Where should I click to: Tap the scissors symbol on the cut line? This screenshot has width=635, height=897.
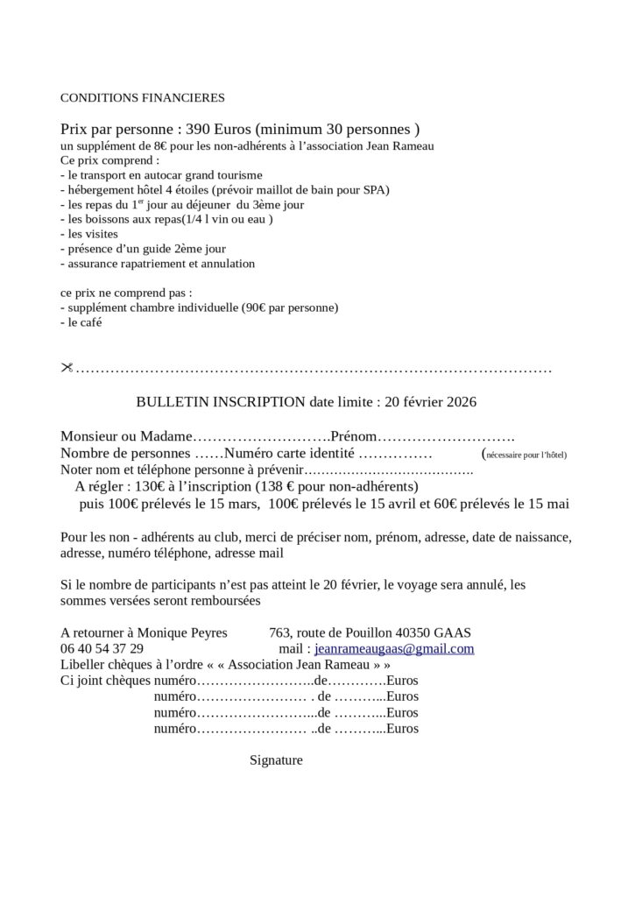[67, 368]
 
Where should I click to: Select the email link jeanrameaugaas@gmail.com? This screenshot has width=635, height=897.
[394, 649]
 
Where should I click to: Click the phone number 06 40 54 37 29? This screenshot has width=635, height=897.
[102, 649]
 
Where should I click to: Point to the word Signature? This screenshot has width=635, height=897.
[276, 760]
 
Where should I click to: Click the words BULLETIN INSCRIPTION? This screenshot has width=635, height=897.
[221, 402]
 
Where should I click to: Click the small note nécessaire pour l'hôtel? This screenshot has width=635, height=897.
[526, 455]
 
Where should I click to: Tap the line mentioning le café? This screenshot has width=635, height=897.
[84, 322]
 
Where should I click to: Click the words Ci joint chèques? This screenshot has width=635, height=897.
[105, 681]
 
